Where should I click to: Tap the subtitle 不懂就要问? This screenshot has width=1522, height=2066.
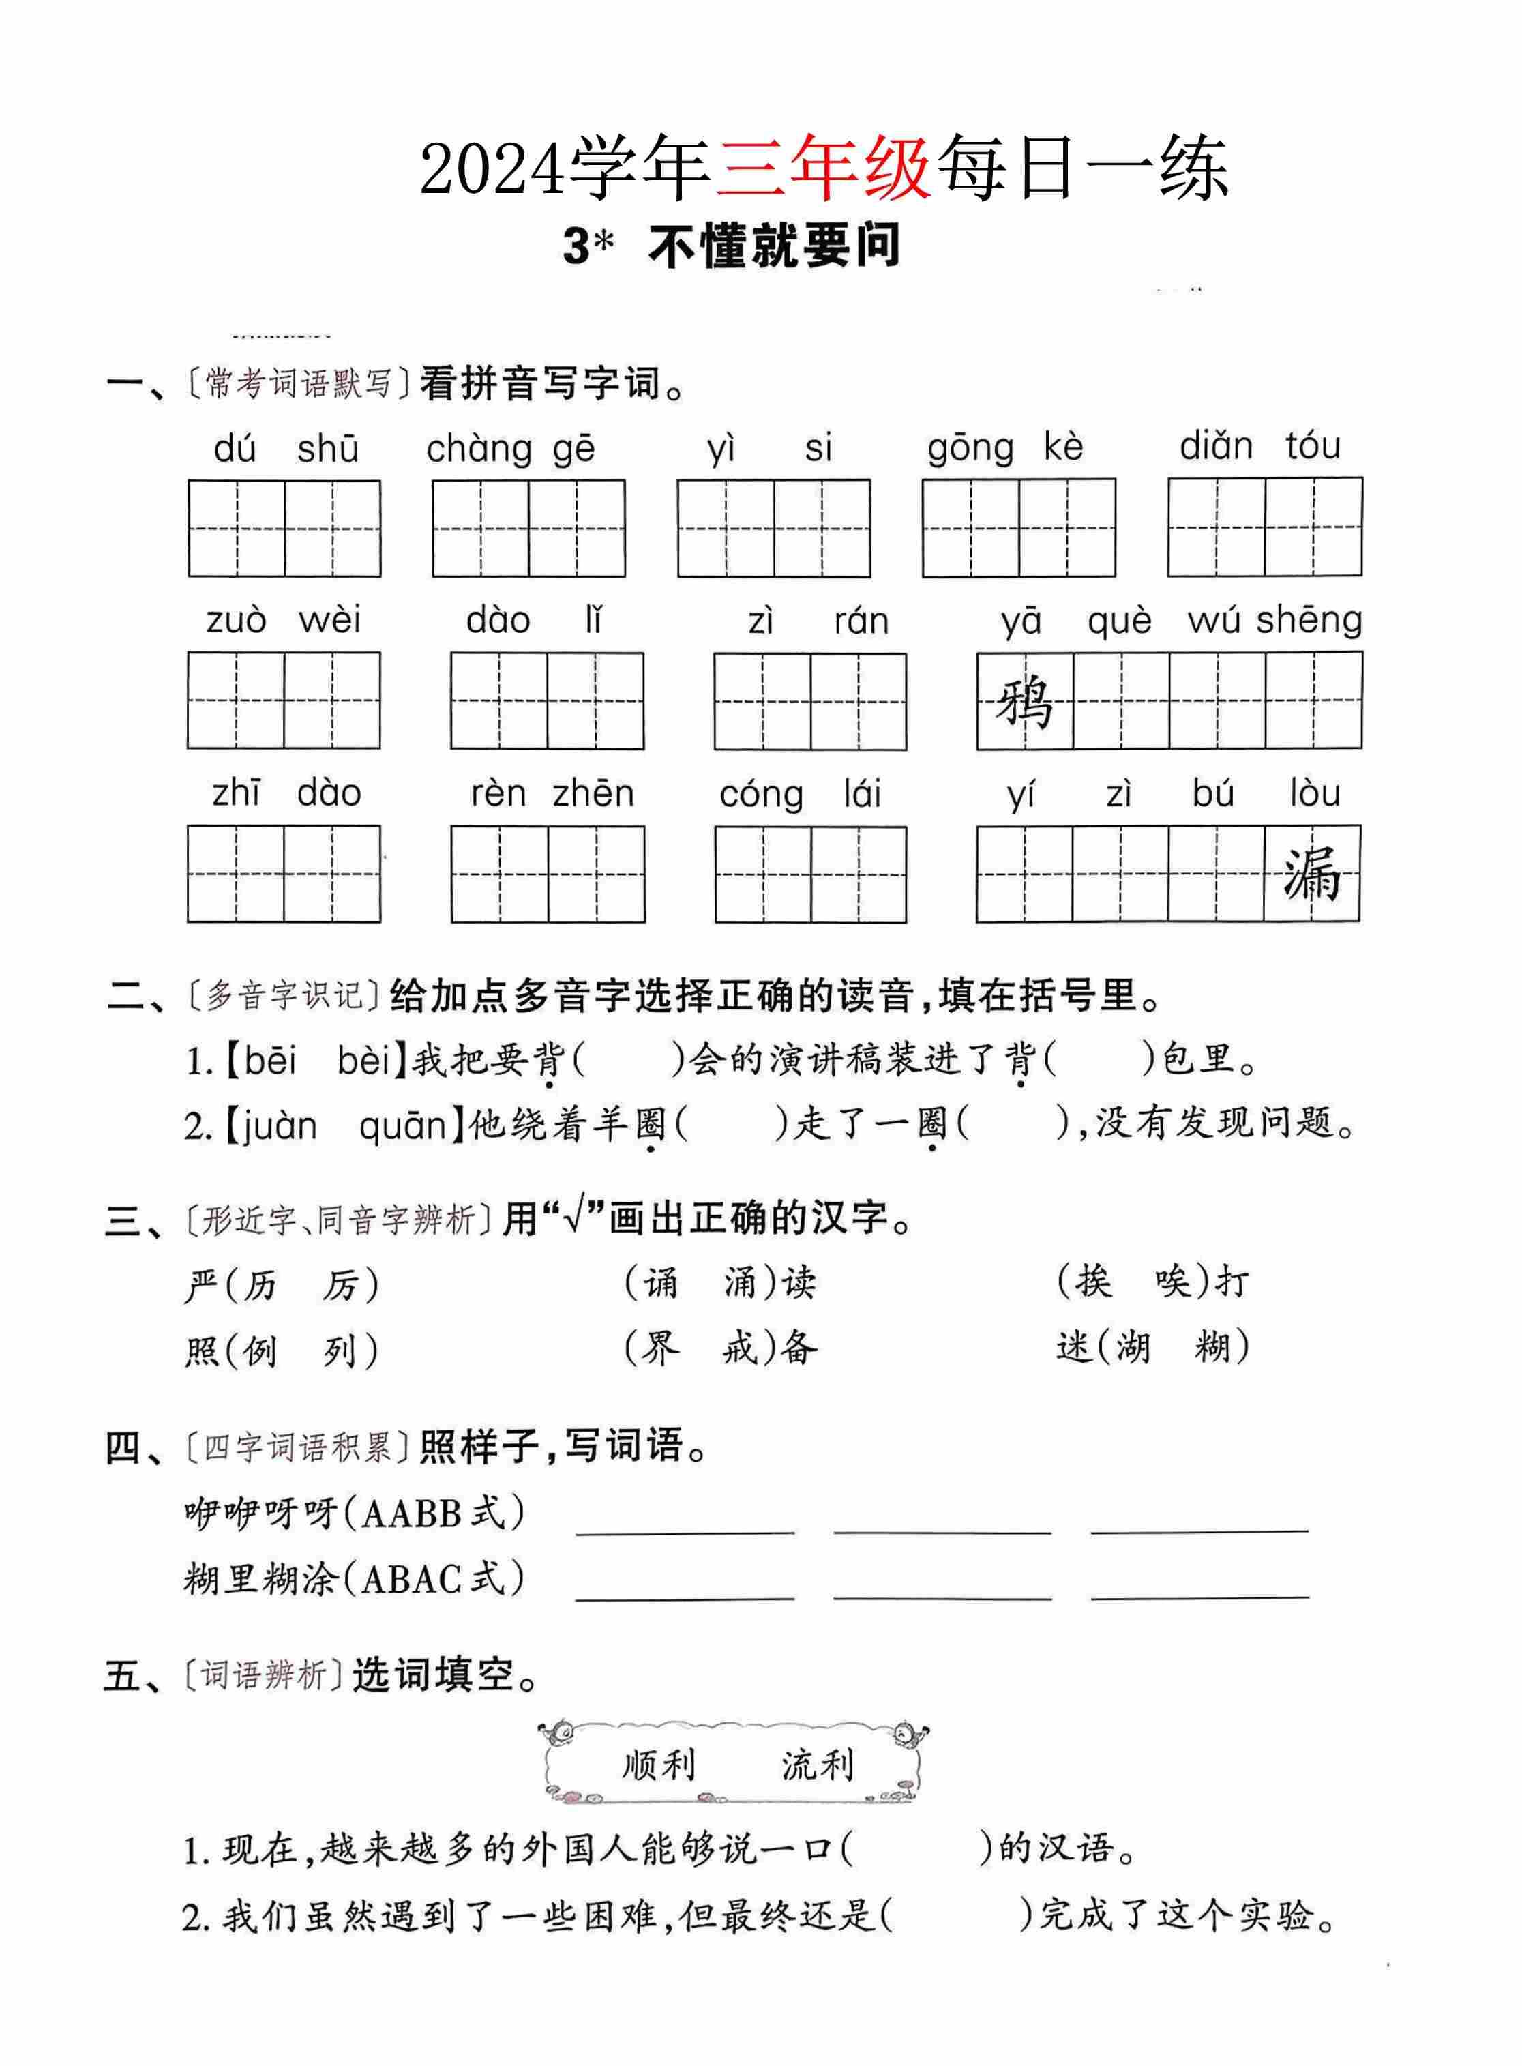tap(774, 247)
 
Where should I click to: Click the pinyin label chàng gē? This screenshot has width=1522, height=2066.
tap(511, 449)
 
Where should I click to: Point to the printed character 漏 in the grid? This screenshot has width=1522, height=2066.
tap(1312, 874)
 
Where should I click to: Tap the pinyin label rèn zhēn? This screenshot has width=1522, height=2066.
tap(552, 793)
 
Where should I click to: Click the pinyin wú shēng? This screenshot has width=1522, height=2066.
tap(1275, 620)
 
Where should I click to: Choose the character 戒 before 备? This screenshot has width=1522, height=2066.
tap(739, 1349)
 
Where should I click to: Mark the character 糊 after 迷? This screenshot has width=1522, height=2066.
tap(1213, 1348)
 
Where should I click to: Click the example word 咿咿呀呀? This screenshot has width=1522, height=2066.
tap(260, 1513)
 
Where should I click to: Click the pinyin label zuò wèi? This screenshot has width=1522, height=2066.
tap(284, 620)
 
